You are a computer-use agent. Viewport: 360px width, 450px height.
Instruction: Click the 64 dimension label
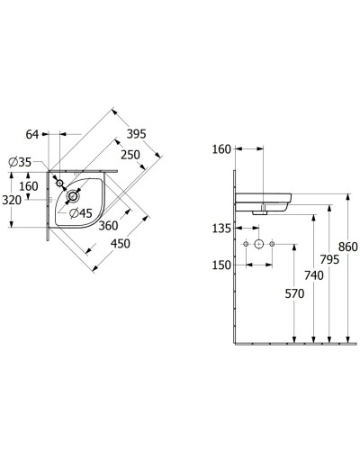[x=32, y=134]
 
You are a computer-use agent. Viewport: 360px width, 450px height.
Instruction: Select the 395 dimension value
[x=136, y=134]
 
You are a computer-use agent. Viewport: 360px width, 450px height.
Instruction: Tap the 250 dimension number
[x=130, y=155]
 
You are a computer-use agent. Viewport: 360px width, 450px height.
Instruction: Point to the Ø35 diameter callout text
[x=20, y=162]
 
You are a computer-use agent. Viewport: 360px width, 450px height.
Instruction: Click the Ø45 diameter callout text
[x=80, y=213]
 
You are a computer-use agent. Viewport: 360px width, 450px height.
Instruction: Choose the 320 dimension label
[x=12, y=200]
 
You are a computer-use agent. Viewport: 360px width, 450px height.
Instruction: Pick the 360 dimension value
[x=108, y=226]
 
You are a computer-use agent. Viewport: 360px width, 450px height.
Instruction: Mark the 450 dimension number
[x=121, y=243]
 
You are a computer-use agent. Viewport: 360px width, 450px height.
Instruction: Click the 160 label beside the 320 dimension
[x=29, y=186]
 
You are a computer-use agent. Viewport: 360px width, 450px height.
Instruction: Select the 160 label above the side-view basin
[x=221, y=149]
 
